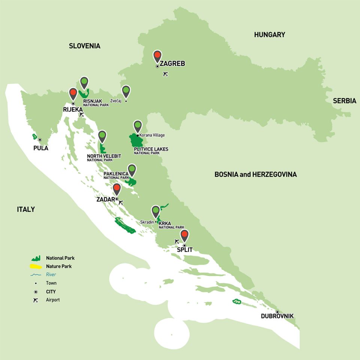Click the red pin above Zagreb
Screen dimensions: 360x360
coord(157,56)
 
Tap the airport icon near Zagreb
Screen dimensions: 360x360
coord(166,74)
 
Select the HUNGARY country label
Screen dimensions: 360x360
coord(269,35)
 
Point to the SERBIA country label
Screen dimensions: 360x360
coord(344,101)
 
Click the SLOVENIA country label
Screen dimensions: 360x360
coord(84,46)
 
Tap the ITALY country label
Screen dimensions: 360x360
coord(26,209)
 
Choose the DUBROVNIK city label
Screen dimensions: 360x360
coord(277,316)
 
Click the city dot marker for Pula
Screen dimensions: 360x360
coord(40,140)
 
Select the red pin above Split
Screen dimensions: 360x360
coord(184,235)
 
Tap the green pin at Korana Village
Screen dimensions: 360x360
coord(138,126)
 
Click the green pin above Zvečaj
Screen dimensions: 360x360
coord(126,91)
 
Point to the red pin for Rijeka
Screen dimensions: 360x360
coord(73,93)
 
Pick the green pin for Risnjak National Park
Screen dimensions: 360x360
coord(84,82)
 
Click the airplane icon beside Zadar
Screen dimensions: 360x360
coord(120,202)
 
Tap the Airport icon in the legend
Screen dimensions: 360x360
coord(36,300)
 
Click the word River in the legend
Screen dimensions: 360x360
coord(51,274)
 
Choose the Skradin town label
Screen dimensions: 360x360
coord(147,222)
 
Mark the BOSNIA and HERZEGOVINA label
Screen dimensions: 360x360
coord(255,174)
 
